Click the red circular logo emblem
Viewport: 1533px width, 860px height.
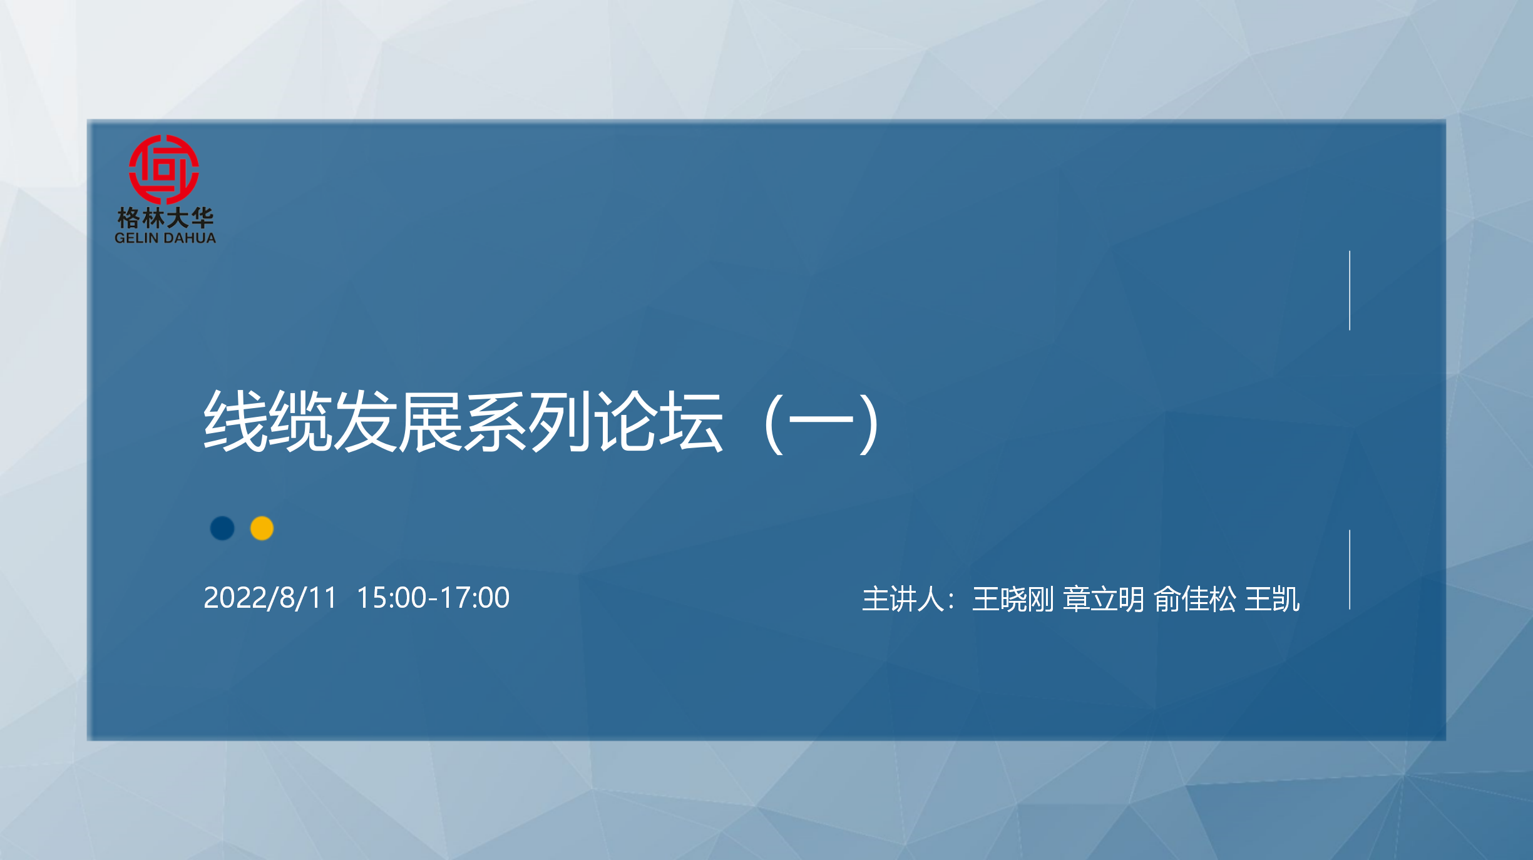(x=164, y=170)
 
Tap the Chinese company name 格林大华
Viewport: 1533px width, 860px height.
(x=165, y=218)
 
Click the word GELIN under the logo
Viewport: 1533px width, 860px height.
(x=136, y=238)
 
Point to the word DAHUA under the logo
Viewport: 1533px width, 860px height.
(x=190, y=238)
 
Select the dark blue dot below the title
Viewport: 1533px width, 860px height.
(x=222, y=528)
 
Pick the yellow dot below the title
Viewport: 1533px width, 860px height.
(x=262, y=528)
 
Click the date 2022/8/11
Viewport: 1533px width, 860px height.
(x=270, y=598)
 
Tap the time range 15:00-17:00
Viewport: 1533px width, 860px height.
(x=433, y=598)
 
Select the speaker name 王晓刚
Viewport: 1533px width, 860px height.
(x=1013, y=599)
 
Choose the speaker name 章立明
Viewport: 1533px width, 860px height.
(x=1104, y=599)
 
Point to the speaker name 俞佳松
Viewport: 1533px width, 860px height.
(x=1195, y=599)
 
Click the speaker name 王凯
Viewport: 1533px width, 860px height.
(x=1272, y=599)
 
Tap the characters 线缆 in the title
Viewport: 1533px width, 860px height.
(x=268, y=421)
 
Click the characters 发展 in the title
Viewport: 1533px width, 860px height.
(x=398, y=421)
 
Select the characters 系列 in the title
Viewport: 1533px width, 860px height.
(x=528, y=421)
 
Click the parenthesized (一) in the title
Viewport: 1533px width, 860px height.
(x=822, y=423)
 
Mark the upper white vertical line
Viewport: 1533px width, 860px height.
(x=1350, y=290)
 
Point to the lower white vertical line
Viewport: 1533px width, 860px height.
(x=1350, y=570)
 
